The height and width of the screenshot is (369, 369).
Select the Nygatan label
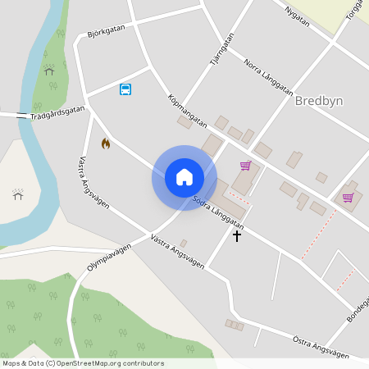coord(296,16)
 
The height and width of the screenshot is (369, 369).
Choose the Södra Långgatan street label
coord(218,210)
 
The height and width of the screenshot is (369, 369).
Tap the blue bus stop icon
coord(125,89)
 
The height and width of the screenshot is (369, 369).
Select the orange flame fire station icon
coord(105,143)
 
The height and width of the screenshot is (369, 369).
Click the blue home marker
coord(184,177)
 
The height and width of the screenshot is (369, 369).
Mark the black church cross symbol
coord(238,236)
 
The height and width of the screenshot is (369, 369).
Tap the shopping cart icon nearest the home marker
coord(245,166)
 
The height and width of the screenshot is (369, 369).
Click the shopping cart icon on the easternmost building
coord(348,197)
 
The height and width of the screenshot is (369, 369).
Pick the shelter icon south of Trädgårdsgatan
coord(18,194)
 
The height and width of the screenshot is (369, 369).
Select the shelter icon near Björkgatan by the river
coord(49,71)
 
